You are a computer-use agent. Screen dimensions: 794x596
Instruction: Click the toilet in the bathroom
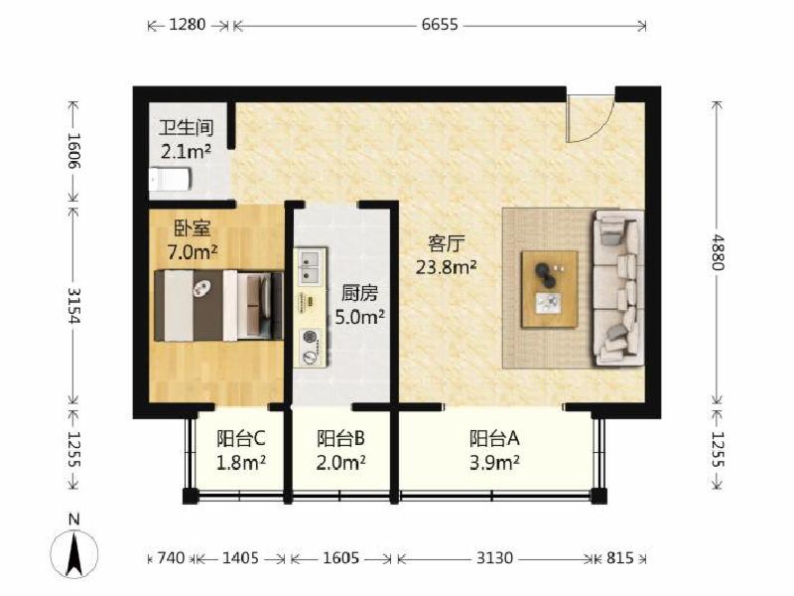coord(170,179)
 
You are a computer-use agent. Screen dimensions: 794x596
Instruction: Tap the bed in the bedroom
coord(218,305)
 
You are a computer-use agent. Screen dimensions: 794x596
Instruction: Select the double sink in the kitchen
coord(310,265)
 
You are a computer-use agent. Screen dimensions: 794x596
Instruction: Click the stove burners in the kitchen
coord(310,347)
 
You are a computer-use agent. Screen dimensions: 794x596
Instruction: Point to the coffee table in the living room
coord(550,289)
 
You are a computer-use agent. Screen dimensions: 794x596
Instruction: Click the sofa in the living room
coord(618,288)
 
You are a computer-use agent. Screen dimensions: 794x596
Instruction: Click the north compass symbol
coord(74,549)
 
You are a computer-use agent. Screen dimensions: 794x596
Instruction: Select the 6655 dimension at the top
coord(440,24)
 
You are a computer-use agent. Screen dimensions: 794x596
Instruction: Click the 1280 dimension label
coord(187,24)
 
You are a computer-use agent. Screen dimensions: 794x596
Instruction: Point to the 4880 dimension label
coord(718,252)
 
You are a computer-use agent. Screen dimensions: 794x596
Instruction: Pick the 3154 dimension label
coord(74,305)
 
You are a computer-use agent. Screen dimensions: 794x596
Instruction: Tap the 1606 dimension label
coord(74,151)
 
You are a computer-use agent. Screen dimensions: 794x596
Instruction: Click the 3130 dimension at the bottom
coord(494,558)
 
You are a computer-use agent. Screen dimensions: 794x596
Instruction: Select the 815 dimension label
coord(619,558)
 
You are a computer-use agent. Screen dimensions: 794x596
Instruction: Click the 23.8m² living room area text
coord(446,266)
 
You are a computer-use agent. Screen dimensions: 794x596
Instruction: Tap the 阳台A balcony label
coord(494,438)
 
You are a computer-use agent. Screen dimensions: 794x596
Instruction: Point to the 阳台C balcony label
coord(241,438)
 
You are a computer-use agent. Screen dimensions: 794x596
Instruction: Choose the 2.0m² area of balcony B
coord(340,462)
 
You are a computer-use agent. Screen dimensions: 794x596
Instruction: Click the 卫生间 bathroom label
coord(187,128)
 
